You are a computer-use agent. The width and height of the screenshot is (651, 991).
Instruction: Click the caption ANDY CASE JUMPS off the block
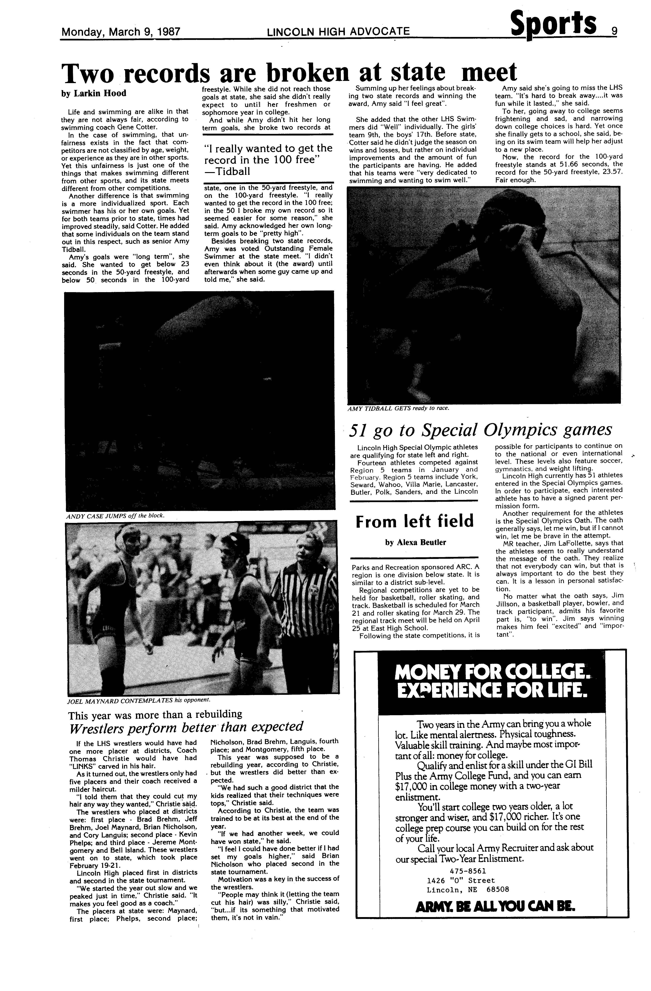[x=115, y=516]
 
